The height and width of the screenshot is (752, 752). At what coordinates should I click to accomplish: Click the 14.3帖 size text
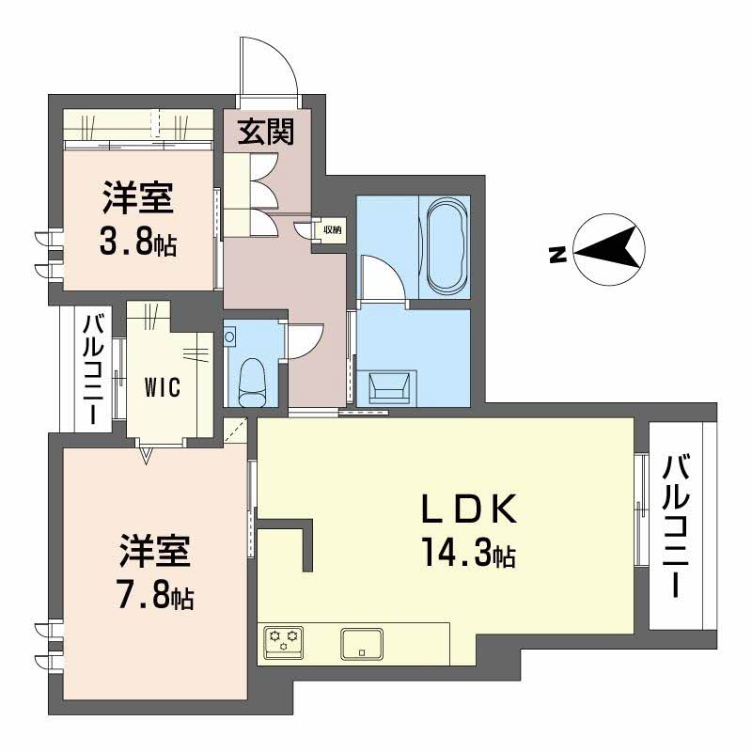(467, 556)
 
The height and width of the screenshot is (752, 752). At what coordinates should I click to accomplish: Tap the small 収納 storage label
(332, 228)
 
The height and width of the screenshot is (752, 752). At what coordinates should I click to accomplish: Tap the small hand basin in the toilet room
(231, 335)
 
